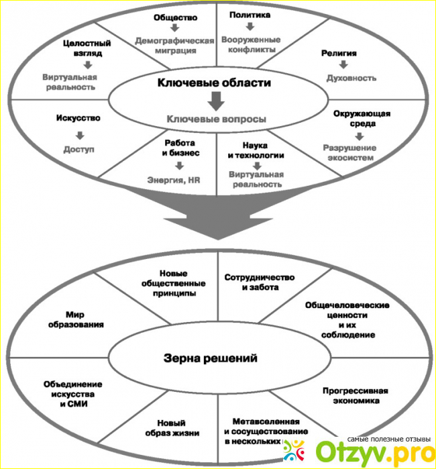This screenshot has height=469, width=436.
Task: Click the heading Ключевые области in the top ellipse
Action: point(214,83)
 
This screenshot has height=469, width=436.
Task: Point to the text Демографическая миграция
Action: point(174,45)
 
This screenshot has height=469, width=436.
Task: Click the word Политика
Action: point(250,13)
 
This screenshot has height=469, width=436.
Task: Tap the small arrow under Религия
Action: point(343,65)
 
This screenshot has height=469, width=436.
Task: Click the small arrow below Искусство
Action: point(78,133)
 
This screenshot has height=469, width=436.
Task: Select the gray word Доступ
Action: point(78,148)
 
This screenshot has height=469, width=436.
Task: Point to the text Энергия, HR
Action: point(174,179)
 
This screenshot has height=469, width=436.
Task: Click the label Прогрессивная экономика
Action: point(356,395)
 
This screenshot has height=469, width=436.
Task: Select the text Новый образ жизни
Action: point(172,427)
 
